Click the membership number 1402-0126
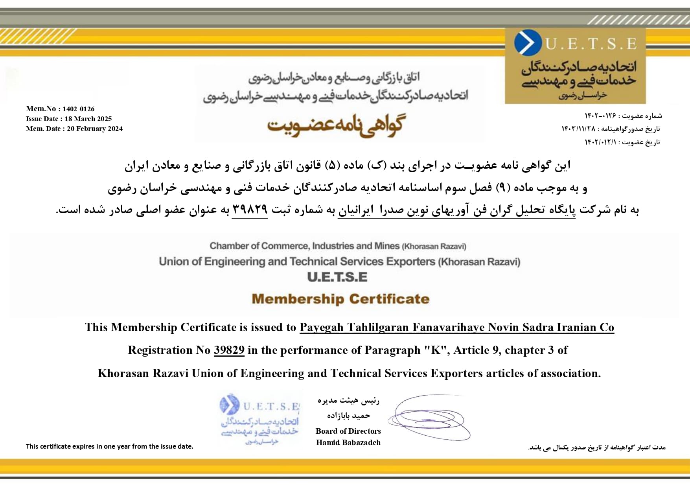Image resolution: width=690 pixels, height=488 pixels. pos(78,109)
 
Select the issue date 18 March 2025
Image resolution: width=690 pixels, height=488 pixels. pos(88,119)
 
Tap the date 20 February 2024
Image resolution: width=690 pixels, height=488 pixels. pos(95,129)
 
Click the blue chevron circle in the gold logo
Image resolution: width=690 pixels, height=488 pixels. pos(527,42)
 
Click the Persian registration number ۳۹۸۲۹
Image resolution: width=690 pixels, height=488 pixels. pos(250,209)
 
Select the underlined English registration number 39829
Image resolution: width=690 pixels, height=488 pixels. pos(229,350)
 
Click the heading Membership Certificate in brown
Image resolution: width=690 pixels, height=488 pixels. pos(340,299)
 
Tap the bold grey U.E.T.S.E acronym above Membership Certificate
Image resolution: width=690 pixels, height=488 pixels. pos(337,277)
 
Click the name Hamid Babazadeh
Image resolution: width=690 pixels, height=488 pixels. pos(348,442)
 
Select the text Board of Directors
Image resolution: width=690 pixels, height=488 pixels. pos(348,431)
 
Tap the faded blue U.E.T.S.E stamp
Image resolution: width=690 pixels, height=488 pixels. pos(260,419)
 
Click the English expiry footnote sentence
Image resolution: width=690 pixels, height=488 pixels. pos(110,446)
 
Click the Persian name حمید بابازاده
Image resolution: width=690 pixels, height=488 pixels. pos(348,415)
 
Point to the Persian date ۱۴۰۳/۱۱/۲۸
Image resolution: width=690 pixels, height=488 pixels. pos(578,129)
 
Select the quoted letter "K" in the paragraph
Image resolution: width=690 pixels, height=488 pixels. pos(436,350)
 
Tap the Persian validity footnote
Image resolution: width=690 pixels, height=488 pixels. pos(596,447)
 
